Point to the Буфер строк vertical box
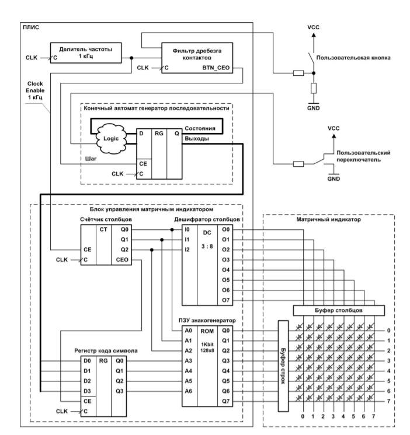coord(284,362)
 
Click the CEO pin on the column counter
coord(123,259)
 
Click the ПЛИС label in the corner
coord(30,27)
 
